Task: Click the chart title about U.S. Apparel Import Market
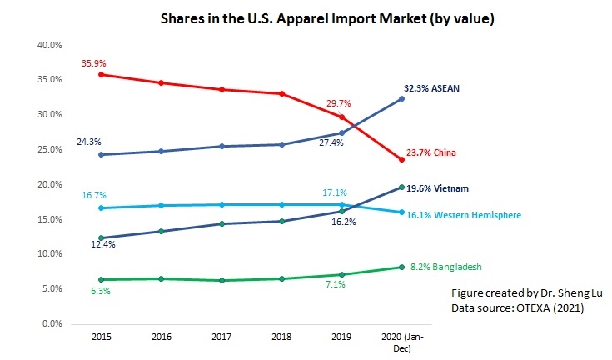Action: (305, 19)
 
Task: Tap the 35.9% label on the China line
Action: (93, 63)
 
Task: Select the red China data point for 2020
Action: (402, 159)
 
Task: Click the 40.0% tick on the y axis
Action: (49, 45)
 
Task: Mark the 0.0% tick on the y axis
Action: (52, 323)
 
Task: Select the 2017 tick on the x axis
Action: (221, 338)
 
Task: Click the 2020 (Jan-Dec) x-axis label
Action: (402, 343)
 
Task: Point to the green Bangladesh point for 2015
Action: (101, 280)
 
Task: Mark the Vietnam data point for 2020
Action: (402, 187)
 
